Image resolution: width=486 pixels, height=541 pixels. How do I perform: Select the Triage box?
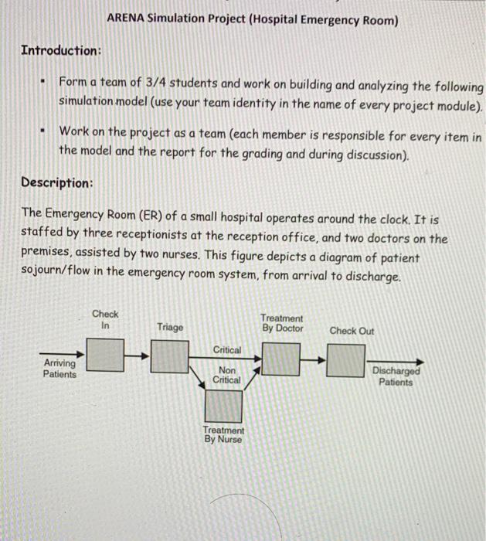point(170,356)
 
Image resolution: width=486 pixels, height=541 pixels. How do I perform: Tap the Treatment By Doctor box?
point(281,358)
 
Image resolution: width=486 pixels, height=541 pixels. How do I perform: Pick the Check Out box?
point(345,359)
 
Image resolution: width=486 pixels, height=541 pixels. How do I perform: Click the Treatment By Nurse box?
point(223,407)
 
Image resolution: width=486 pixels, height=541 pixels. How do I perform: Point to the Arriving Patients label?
point(59,369)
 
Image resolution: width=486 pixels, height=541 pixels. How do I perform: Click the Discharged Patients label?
point(396,376)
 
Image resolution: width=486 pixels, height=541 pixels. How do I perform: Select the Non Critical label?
point(226,376)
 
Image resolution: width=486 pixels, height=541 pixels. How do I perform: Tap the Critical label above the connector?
point(226,350)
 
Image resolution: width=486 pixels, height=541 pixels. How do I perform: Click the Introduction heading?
point(61,50)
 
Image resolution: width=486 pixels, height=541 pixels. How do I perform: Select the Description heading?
point(57,183)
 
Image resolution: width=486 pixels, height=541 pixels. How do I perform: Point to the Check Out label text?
point(352,331)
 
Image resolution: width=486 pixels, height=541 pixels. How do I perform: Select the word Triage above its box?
point(170,328)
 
